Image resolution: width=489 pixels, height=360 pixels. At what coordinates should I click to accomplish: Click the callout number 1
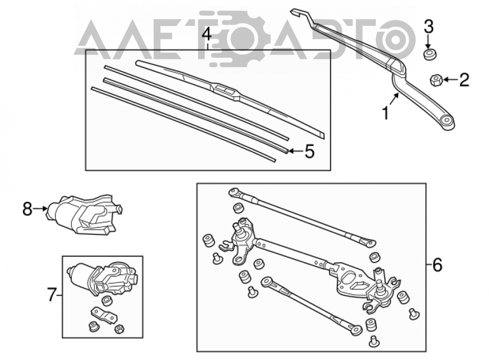385,113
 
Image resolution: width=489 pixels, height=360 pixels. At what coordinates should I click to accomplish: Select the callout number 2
464,80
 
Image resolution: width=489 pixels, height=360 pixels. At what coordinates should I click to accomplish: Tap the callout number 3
428,26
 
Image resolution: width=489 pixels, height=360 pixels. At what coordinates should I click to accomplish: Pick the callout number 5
310,152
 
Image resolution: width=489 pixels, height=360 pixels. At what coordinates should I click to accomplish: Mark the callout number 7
52,295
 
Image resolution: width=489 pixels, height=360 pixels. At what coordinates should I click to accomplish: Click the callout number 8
27,209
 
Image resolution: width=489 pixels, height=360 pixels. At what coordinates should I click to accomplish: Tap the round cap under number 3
429,54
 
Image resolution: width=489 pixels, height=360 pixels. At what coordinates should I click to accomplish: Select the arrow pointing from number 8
40,208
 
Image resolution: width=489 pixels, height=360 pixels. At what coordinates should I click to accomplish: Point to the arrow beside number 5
296,151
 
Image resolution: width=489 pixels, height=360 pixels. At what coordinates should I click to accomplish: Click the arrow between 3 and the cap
428,42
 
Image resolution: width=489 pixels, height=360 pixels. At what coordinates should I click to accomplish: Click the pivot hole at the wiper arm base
447,120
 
